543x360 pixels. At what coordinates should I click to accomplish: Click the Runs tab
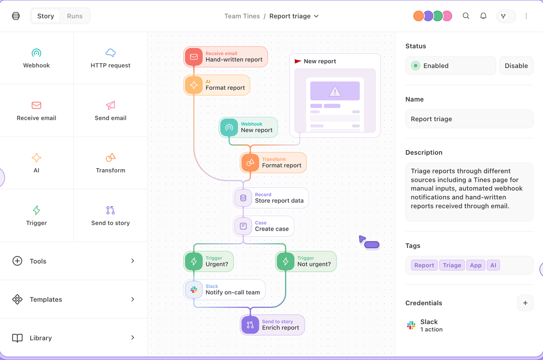point(75,16)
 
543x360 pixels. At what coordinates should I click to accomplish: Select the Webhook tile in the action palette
point(37,58)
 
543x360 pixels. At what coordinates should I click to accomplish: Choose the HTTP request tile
point(110,58)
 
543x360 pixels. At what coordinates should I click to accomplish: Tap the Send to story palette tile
point(110,216)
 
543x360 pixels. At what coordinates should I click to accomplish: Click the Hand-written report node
point(226,57)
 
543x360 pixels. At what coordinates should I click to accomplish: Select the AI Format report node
point(217,85)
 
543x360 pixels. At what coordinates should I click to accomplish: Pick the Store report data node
point(271,198)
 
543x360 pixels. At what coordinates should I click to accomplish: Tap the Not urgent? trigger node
point(306,261)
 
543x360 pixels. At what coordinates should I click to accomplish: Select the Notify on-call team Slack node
point(224,289)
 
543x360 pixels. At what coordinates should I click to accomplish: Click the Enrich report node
point(272,325)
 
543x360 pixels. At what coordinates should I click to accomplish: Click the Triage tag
point(452,265)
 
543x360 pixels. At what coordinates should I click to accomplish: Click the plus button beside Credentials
point(525,303)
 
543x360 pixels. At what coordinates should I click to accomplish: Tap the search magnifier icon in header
point(466,16)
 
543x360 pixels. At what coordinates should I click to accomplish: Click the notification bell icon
point(483,16)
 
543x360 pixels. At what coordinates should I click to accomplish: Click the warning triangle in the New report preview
point(335,92)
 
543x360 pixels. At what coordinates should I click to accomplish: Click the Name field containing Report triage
point(469,119)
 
